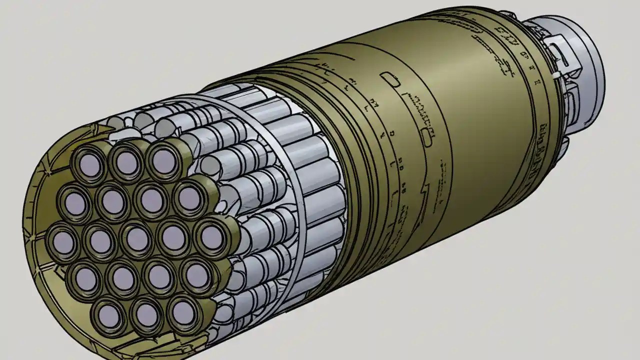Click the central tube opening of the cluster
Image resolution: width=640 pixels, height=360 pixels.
click(137, 238)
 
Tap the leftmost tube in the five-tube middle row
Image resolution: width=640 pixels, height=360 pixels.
click(63, 241)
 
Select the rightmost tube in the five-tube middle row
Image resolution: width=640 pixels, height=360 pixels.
click(210, 236)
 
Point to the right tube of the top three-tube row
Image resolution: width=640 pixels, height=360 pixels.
click(163, 158)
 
